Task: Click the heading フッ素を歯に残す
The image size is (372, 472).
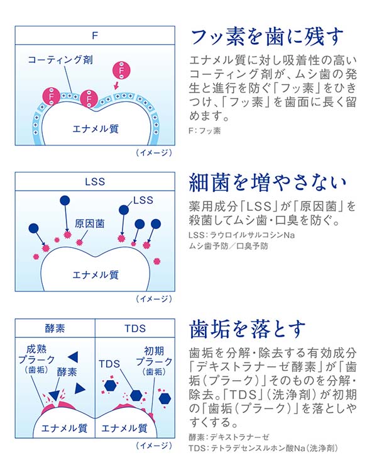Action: click(267, 37)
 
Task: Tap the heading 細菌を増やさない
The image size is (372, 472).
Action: click(268, 183)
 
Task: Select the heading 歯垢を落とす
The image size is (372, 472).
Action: click(247, 329)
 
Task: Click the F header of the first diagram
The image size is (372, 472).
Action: click(95, 35)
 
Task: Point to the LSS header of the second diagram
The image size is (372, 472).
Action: click(95, 181)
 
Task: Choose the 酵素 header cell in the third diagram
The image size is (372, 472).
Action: click(55, 328)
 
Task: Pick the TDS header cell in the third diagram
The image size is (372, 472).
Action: click(135, 328)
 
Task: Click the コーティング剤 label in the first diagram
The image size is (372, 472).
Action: click(60, 60)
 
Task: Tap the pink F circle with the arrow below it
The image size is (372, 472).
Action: click(121, 70)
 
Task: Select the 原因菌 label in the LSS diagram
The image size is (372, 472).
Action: click(89, 223)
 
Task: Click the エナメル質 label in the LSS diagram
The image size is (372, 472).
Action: click(96, 274)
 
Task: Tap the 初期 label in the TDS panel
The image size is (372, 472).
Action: click(154, 351)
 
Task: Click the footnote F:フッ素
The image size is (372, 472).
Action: click(205, 131)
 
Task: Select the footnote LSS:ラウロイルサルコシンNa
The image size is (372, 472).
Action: click(241, 235)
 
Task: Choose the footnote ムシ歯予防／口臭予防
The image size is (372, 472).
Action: click(228, 246)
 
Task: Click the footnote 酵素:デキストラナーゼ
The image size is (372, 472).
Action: click(229, 437)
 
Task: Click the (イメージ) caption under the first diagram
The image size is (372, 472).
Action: click(154, 153)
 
